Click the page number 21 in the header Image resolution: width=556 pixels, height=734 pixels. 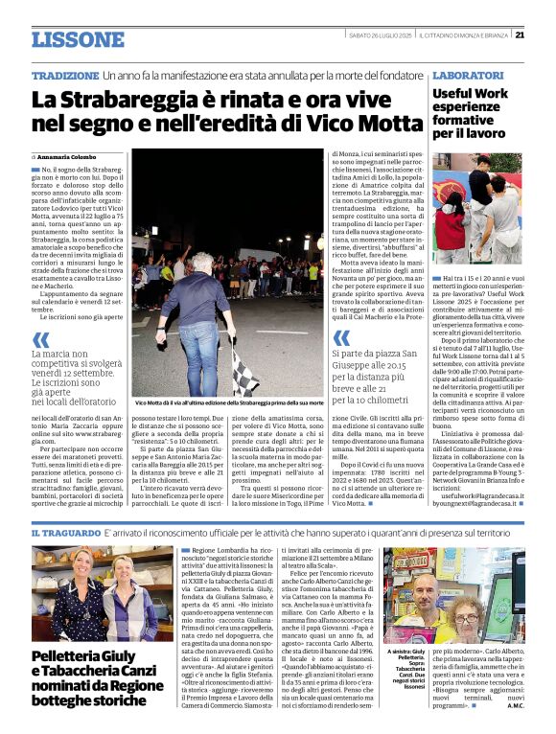pyautogui.click(x=545, y=35)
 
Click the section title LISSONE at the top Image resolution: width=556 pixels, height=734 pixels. pyautogui.click(x=77, y=39)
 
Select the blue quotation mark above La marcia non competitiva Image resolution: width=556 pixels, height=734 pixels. pyautogui.click(x=40, y=339)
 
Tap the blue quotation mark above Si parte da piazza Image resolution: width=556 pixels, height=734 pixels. pyautogui.click(x=340, y=338)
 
